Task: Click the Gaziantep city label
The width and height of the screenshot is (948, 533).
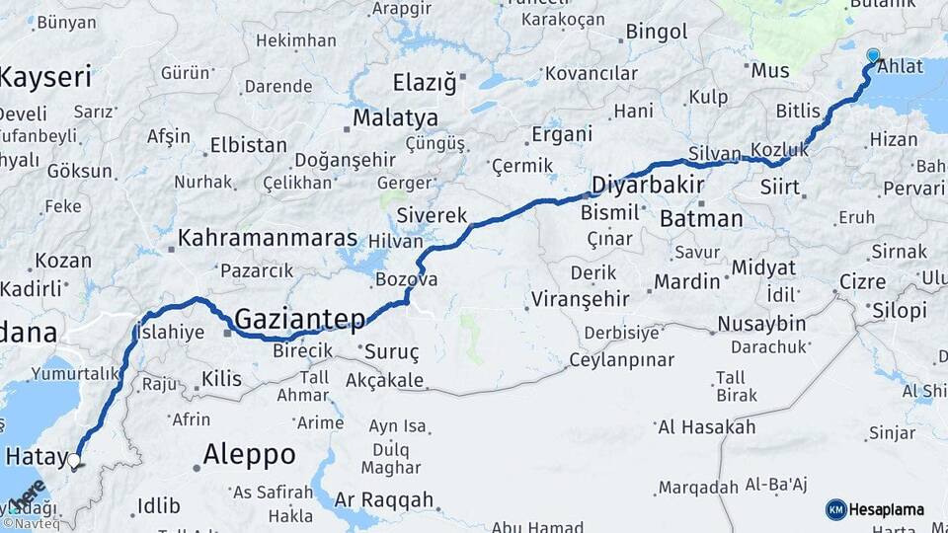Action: point(300,319)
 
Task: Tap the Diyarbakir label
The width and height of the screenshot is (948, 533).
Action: point(648,185)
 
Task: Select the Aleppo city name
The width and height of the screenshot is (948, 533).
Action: point(249,454)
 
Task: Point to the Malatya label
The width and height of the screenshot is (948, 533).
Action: point(395,118)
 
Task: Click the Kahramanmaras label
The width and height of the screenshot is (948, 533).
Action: point(268,239)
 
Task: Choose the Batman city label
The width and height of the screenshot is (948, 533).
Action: point(701,218)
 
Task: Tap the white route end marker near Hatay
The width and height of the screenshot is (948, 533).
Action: point(73,459)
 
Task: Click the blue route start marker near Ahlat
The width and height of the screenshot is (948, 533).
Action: point(873,56)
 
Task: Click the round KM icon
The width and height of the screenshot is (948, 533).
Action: point(836,509)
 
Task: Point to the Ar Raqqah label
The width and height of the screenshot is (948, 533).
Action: point(384,499)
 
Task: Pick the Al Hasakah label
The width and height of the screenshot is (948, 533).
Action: point(706,427)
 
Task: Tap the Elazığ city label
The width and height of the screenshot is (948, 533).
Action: point(425,82)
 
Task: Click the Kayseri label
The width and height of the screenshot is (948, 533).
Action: point(45,76)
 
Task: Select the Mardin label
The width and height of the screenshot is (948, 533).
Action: point(687,282)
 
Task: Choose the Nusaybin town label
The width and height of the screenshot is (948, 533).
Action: point(761,324)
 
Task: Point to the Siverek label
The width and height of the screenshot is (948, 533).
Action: point(432,214)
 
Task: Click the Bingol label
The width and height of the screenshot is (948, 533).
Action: point(657,32)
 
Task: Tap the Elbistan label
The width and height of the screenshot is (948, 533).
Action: point(248,145)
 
